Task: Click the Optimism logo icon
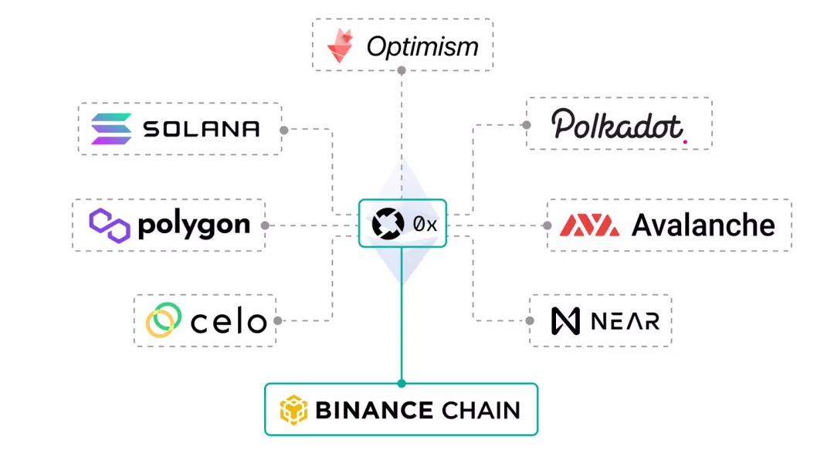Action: click(x=341, y=46)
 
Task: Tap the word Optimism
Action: click(x=422, y=47)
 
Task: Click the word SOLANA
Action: click(x=202, y=129)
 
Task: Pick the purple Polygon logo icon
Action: click(x=108, y=225)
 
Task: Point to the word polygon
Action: click(x=193, y=225)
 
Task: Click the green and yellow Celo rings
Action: click(x=164, y=320)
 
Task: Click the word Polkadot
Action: click(x=617, y=125)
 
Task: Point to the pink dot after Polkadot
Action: click(x=685, y=141)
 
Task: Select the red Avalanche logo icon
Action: click(x=589, y=225)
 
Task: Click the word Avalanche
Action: click(x=703, y=225)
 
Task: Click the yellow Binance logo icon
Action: click(x=293, y=410)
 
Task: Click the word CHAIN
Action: click(x=480, y=410)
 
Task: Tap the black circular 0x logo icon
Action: click(x=388, y=224)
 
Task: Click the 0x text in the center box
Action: click(x=425, y=225)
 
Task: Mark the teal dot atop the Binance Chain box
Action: click(x=401, y=383)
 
